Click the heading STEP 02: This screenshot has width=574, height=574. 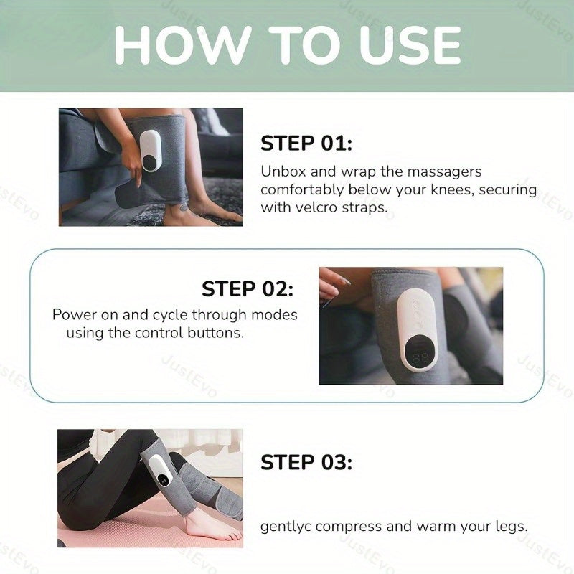[x=248, y=289]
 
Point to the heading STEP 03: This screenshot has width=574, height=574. [x=306, y=462]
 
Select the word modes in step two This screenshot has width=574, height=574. [x=276, y=315]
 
